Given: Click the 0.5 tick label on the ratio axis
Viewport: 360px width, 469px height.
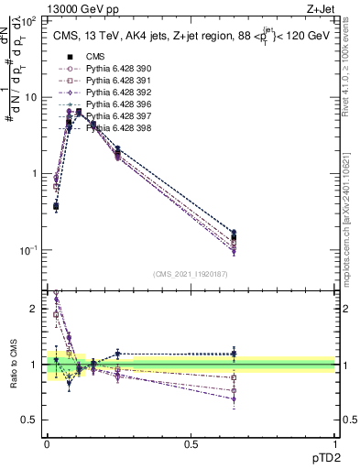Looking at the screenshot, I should click(x=30, y=420).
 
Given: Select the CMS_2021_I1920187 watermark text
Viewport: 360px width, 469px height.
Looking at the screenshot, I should click(x=191, y=274).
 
